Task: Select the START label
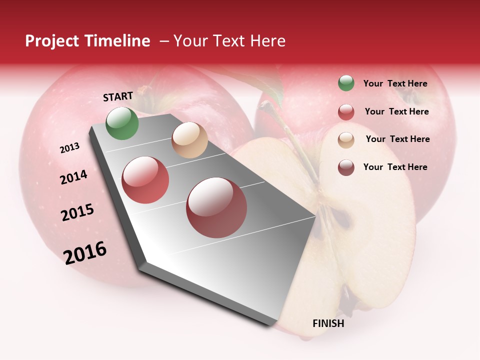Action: point(118,96)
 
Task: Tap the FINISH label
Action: point(328,323)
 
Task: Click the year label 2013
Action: point(69,148)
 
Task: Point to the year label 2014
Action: point(73,177)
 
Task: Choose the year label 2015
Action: point(77,212)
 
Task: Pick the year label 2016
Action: point(85,252)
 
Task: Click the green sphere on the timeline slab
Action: point(122,123)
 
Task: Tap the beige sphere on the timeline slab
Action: point(189,140)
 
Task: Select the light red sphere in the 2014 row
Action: point(145,180)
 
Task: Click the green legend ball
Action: point(346,83)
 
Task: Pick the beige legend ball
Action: point(346,139)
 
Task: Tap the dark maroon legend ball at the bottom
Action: point(346,167)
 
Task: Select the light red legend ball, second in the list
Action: point(346,112)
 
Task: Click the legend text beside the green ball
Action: point(395,84)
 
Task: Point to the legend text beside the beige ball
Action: point(397,139)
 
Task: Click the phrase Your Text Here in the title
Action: point(229,41)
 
